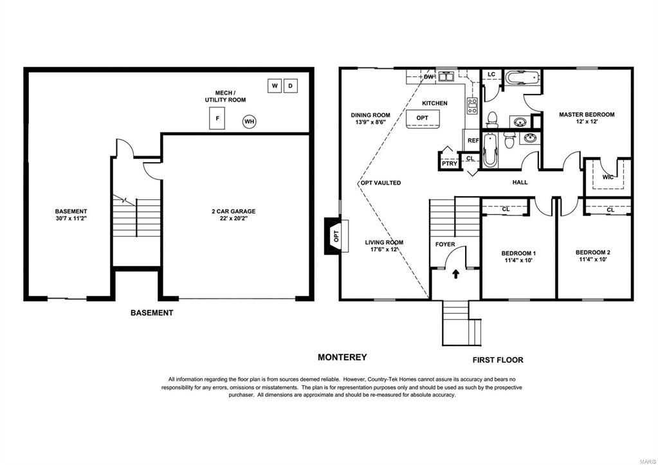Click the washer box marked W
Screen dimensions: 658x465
275,86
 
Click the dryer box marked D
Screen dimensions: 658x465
290,86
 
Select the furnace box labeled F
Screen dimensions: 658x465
217,118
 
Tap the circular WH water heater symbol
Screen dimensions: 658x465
250,122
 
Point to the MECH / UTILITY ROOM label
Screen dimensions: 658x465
225,96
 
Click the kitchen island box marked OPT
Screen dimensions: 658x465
422,118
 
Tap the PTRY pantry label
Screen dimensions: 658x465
450,163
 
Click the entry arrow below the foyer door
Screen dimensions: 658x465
456,274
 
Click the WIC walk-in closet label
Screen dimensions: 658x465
608,177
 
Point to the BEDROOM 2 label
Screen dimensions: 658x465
592,252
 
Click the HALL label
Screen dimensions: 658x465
520,182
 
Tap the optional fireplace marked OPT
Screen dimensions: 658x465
336,236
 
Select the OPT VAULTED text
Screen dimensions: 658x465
381,183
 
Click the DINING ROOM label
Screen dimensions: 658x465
370,115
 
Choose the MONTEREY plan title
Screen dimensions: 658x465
342,357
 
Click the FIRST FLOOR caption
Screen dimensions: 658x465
498,360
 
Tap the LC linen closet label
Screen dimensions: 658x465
492,74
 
